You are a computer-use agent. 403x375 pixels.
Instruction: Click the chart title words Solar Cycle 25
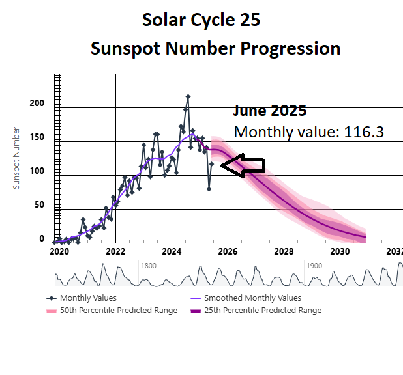pos(201,20)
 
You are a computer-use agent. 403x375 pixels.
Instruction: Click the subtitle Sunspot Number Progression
pos(215,48)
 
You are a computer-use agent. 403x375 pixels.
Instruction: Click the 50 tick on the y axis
pos(39,205)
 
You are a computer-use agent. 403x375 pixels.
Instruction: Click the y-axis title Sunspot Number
pos(17,158)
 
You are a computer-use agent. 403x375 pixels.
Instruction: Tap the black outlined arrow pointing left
pos(243,165)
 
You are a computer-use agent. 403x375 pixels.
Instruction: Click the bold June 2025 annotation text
pos(270,111)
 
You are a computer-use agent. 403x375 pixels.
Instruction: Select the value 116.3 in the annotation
pos(363,132)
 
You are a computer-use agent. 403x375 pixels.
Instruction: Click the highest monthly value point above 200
pos(188,97)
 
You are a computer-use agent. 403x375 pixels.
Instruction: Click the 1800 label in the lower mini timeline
pos(149,266)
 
